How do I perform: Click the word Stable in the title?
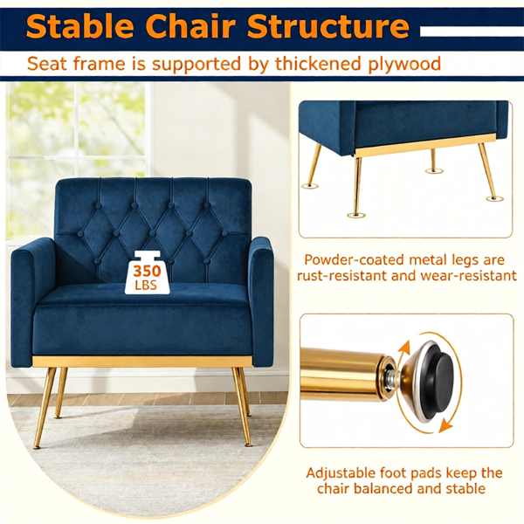click(80, 26)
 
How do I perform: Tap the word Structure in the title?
click(328, 26)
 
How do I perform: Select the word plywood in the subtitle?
click(404, 64)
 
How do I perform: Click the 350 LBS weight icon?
click(147, 272)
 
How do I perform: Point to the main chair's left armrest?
click(33, 302)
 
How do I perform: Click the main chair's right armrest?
click(262, 300)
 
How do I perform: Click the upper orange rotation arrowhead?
click(404, 349)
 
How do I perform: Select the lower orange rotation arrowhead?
click(445, 426)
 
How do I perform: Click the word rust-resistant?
click(341, 276)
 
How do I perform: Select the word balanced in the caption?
click(383, 488)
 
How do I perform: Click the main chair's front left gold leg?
click(44, 408)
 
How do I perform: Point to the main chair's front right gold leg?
click(242, 407)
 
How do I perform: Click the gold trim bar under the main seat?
click(142, 362)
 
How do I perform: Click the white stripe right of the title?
click(472, 31)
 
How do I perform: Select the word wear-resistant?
click(468, 276)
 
